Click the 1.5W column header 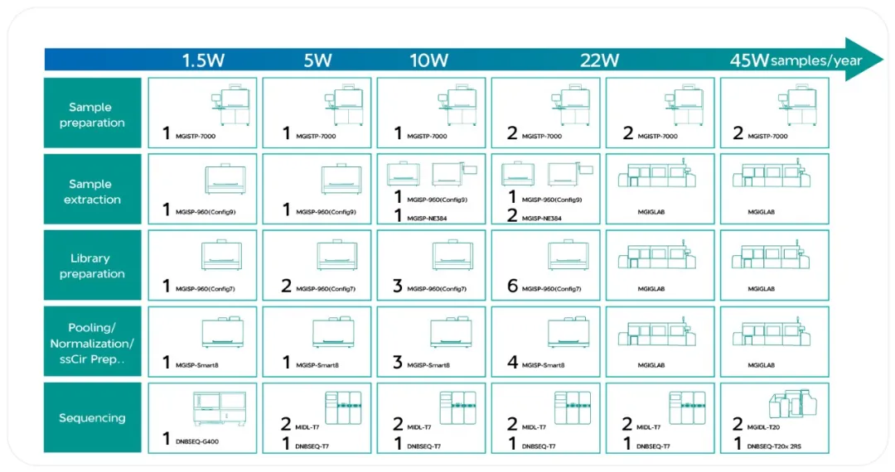(x=203, y=60)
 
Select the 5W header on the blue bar (x=317, y=60)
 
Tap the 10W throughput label (x=428, y=60)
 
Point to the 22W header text (x=599, y=60)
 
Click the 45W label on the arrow (x=749, y=60)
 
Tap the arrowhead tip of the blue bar (x=883, y=60)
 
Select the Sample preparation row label (x=92, y=114)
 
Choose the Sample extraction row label (x=92, y=191)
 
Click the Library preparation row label (x=92, y=266)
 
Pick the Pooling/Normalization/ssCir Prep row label (x=92, y=343)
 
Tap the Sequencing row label (x=92, y=418)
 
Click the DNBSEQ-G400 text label (x=197, y=441)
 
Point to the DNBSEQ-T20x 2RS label (x=774, y=446)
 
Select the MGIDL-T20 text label (x=763, y=427)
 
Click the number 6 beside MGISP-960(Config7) (x=512, y=286)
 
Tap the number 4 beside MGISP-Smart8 (x=512, y=362)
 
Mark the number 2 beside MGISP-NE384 (x=512, y=215)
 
